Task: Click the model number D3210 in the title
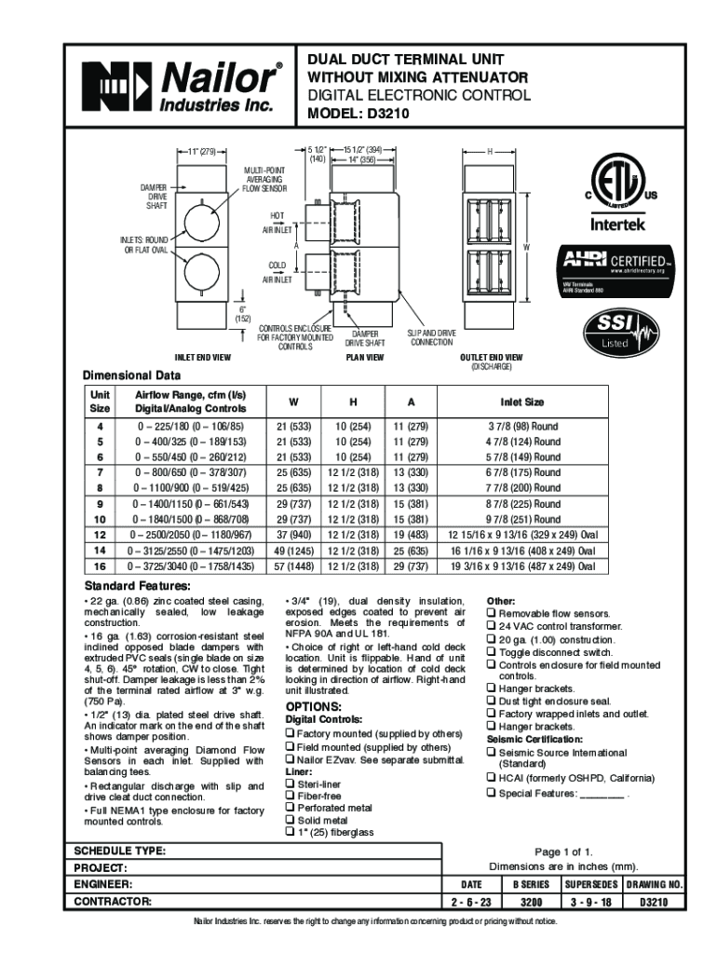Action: point(386,114)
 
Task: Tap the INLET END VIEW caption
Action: point(204,357)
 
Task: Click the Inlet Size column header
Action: point(522,402)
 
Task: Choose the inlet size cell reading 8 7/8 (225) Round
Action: point(523,503)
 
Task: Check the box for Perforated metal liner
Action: point(290,808)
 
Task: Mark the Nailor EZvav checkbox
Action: point(290,760)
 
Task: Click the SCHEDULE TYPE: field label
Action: point(120,851)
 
